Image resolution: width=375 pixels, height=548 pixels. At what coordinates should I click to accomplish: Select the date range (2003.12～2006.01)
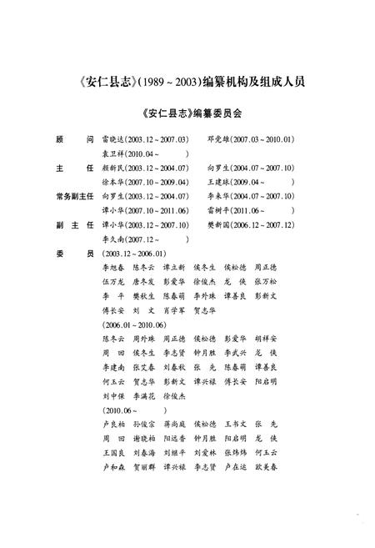[x=132, y=253]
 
